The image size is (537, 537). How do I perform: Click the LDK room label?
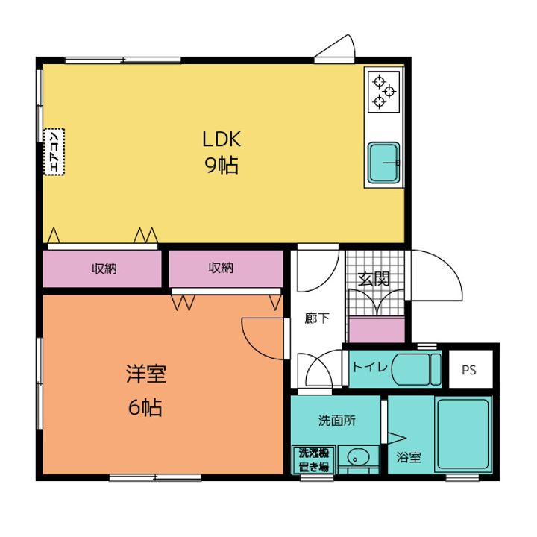222,139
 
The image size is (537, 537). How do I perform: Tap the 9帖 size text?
222,165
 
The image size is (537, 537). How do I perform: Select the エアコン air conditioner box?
54,151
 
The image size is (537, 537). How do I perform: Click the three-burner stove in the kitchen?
383,92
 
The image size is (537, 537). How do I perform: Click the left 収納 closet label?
104,268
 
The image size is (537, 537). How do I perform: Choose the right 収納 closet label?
221,268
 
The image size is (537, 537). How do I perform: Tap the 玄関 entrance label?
374,279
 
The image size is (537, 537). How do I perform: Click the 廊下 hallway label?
317,318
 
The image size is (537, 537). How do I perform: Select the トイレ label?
370,368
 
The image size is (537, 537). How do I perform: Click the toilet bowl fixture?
416,369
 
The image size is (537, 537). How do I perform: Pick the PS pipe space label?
469,370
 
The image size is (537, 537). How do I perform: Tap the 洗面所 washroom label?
337,421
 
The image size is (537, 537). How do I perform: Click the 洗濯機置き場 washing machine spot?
314,459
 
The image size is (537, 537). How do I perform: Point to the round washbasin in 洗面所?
358,457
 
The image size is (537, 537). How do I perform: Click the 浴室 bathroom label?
409,457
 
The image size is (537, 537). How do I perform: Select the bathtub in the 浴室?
463,434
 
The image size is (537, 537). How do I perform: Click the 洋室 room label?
146,374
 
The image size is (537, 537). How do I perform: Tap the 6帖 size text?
145,407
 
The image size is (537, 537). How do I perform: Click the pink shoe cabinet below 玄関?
377,330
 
